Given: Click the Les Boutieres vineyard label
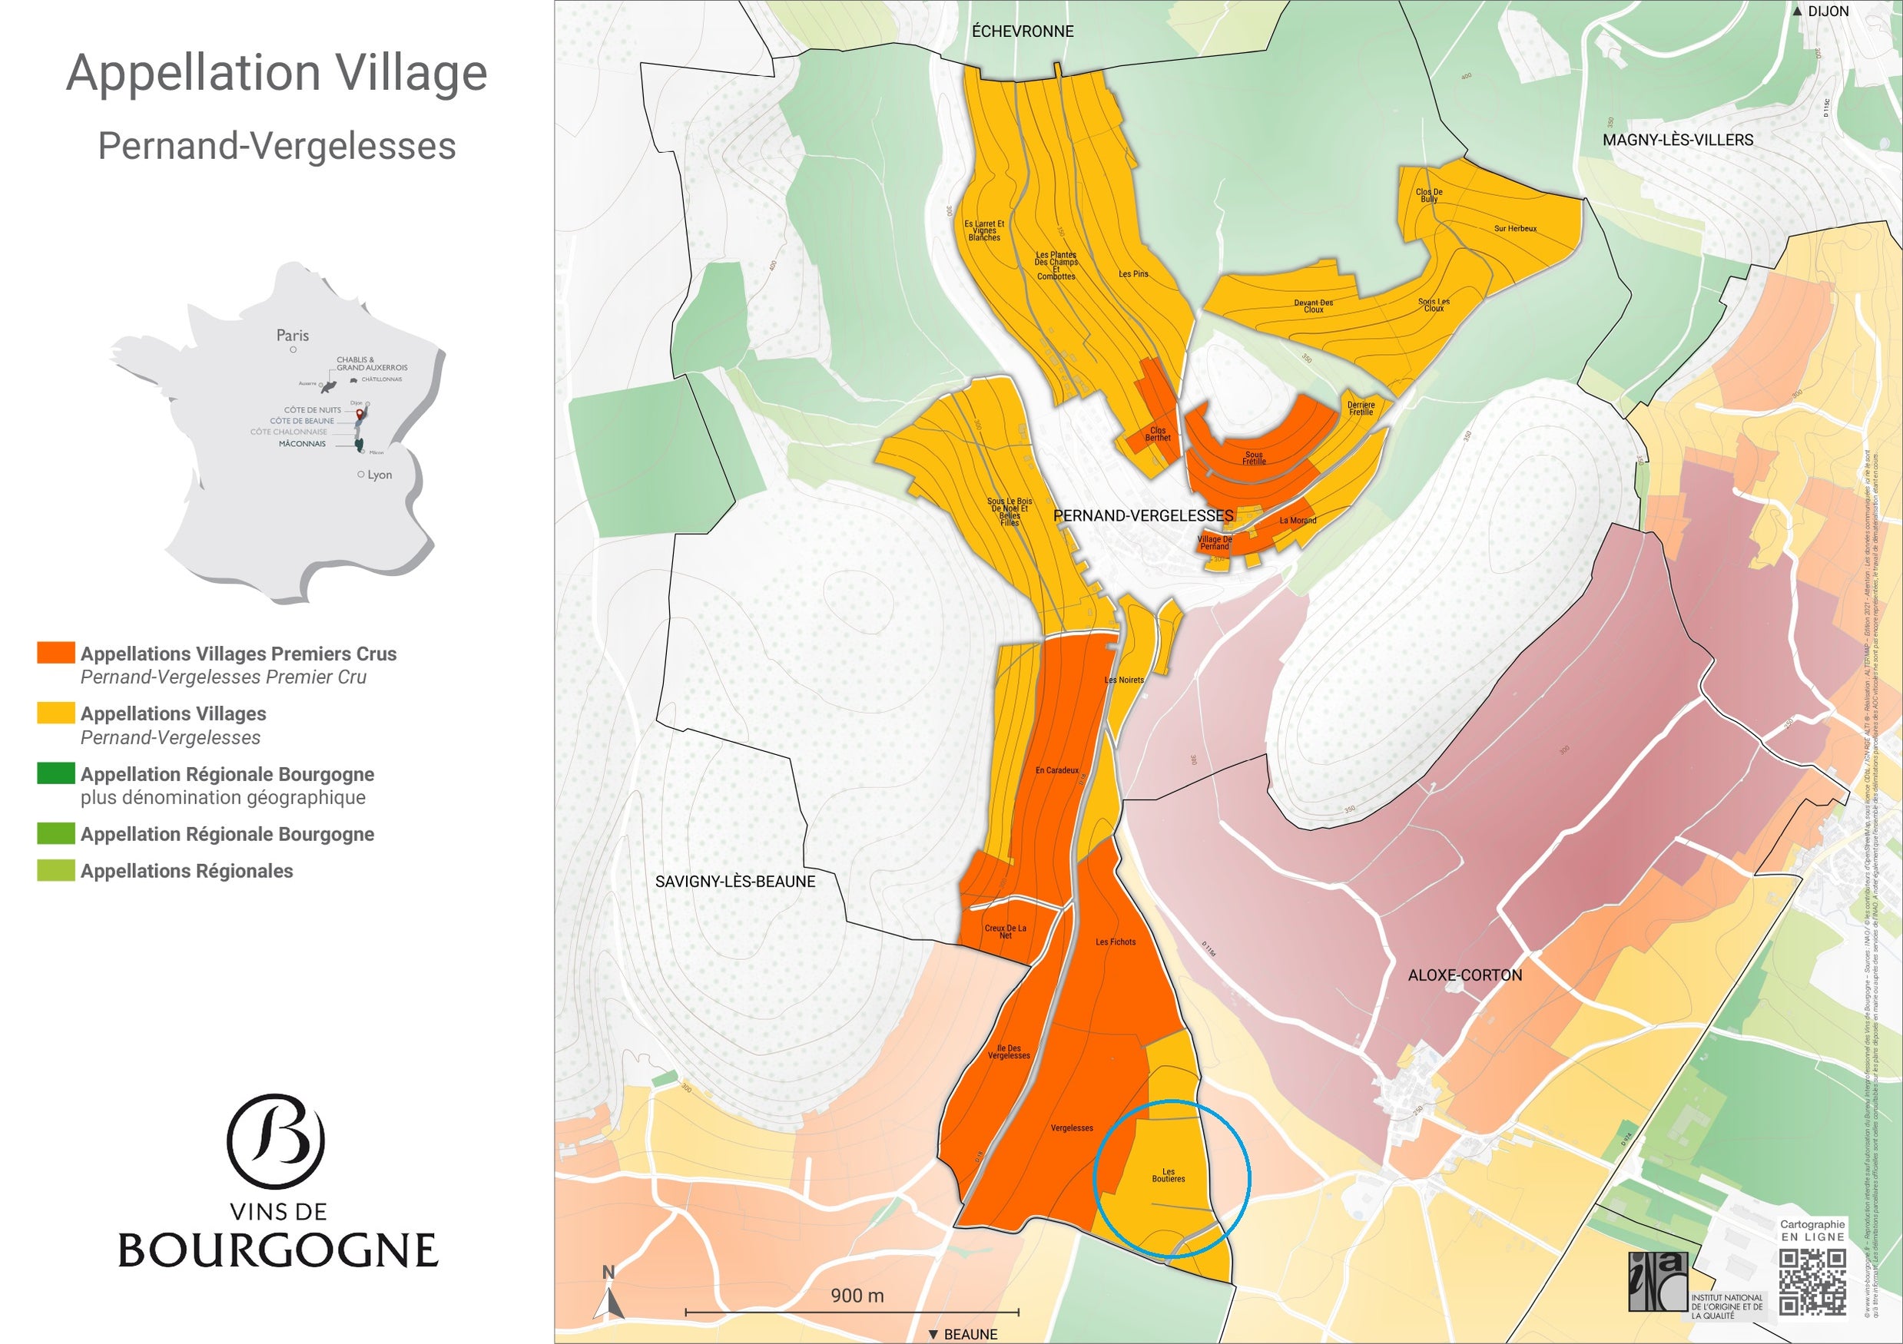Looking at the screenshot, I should point(1168,1175).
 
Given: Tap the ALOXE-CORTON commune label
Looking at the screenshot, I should point(1464,975).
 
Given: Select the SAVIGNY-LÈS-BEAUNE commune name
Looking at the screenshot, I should point(735,882).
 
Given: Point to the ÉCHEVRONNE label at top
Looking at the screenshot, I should point(1022,31).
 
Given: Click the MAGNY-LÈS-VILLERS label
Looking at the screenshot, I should point(1678,140).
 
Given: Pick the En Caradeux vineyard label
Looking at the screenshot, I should point(1057,770).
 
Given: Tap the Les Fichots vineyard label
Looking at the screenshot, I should point(1115,942).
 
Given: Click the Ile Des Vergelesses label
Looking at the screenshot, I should point(1008,1051).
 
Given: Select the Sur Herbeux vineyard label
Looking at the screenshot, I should point(1515,229).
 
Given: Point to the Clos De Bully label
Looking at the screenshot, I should point(1429,196).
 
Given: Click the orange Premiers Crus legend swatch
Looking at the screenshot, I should point(55,653).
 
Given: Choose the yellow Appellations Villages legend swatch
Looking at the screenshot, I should point(55,713).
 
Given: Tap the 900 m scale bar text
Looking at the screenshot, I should point(857,1296).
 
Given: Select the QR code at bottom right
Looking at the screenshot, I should point(1812,1283).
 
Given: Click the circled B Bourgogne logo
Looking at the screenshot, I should point(276,1141).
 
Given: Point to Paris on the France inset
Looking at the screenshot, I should point(292,336).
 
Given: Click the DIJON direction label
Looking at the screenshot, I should point(1827,12).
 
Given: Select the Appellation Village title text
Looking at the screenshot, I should point(277,73).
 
